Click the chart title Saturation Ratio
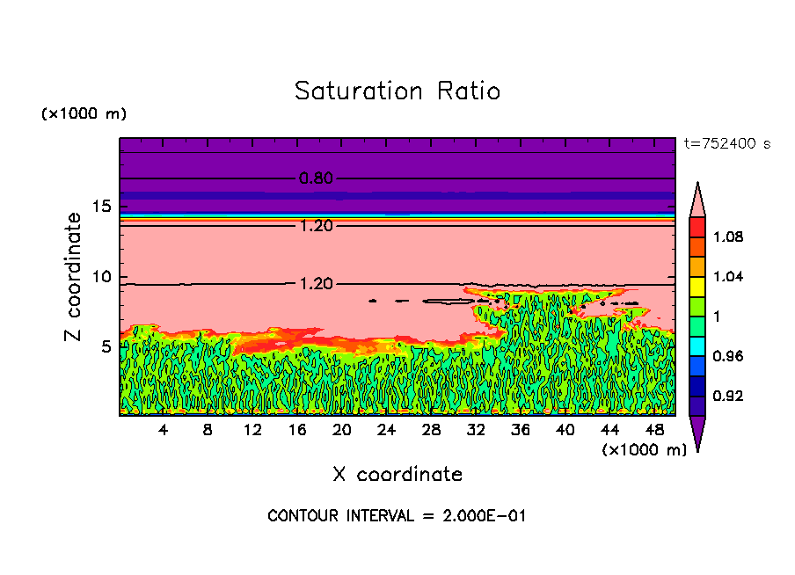[397, 91]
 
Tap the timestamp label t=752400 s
[726, 144]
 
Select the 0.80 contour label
[316, 178]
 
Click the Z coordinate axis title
[74, 276]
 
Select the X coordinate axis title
[397, 475]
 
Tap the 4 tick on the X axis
[164, 430]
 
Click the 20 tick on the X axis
[342, 430]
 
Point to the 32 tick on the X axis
[476, 430]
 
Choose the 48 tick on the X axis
[654, 430]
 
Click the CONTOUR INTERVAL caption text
[397, 516]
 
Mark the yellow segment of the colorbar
[697, 287]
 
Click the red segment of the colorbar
[697, 227]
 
